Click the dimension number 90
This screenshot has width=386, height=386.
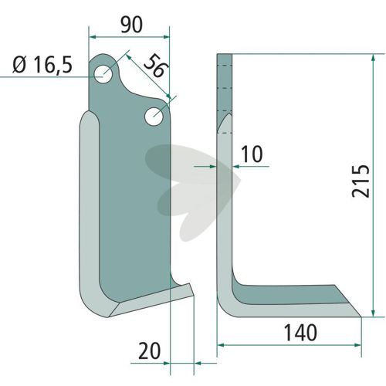click(x=131, y=25)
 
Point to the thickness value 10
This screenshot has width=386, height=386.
click(x=252, y=154)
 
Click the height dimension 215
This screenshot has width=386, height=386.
click(x=361, y=181)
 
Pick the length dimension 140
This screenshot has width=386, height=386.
click(x=300, y=333)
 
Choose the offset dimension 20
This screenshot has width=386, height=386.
click(x=149, y=351)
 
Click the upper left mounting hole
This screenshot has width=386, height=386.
click(x=103, y=74)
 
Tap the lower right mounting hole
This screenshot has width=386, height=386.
click(x=154, y=117)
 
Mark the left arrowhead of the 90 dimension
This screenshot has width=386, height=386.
click(x=92, y=37)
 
